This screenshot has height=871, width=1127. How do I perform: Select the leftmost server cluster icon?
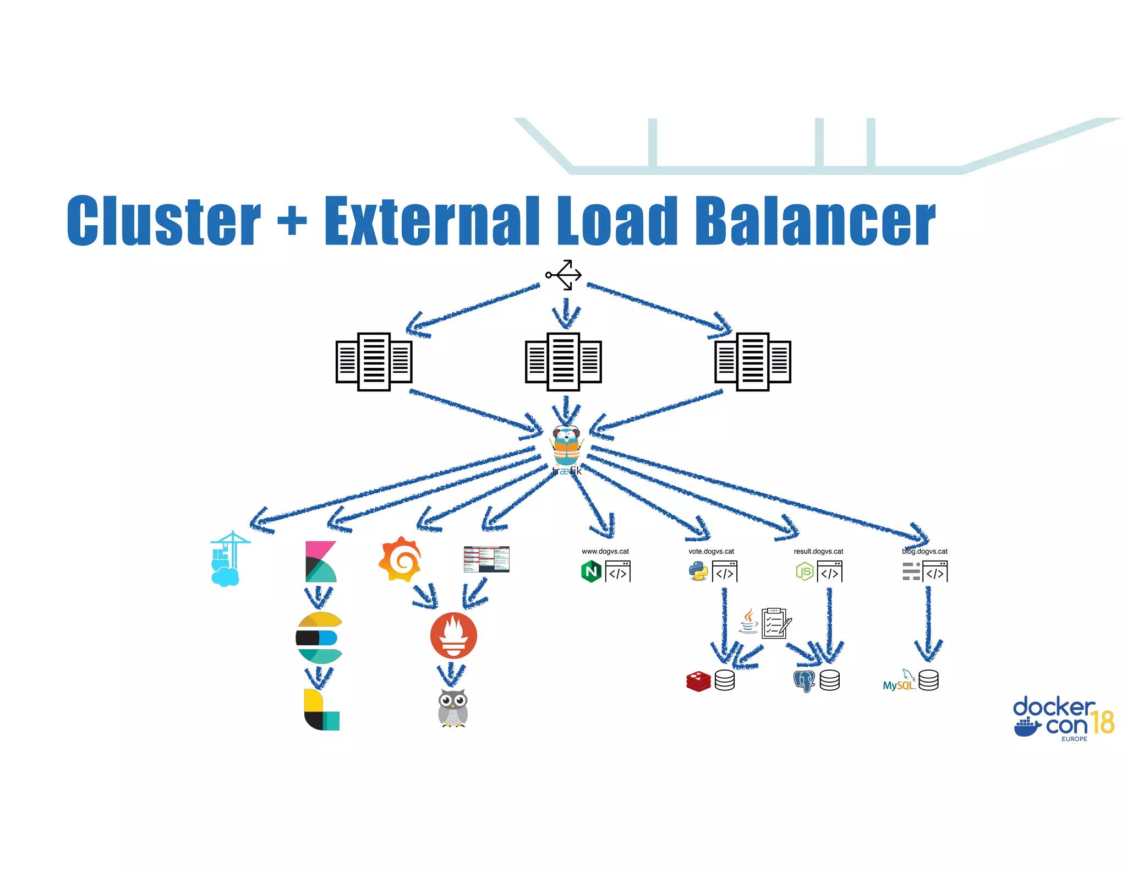coord(374,362)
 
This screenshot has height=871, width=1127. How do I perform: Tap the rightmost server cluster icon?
coord(752,362)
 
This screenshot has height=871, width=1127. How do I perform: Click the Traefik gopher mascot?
coord(566,446)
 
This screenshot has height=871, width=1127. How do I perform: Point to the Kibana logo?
coord(320,562)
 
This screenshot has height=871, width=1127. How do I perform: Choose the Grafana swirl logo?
coord(400,559)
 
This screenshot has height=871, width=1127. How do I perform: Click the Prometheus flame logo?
coord(453,635)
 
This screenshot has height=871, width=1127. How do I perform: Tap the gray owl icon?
coord(453,708)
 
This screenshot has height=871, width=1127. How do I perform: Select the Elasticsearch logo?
coord(319,638)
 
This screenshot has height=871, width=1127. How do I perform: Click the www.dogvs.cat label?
coord(605,551)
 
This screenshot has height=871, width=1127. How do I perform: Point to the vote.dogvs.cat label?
coord(711,551)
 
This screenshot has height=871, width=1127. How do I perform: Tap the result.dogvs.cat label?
coord(818,551)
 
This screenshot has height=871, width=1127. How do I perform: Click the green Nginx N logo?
coord(591,571)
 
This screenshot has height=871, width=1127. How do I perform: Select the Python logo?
coord(698,571)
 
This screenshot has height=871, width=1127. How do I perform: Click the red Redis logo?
coord(698,681)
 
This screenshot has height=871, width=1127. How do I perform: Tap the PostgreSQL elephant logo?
coord(804,681)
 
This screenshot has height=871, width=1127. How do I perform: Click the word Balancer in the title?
coord(814,221)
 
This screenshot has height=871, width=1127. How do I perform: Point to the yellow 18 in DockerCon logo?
coord(1102,722)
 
